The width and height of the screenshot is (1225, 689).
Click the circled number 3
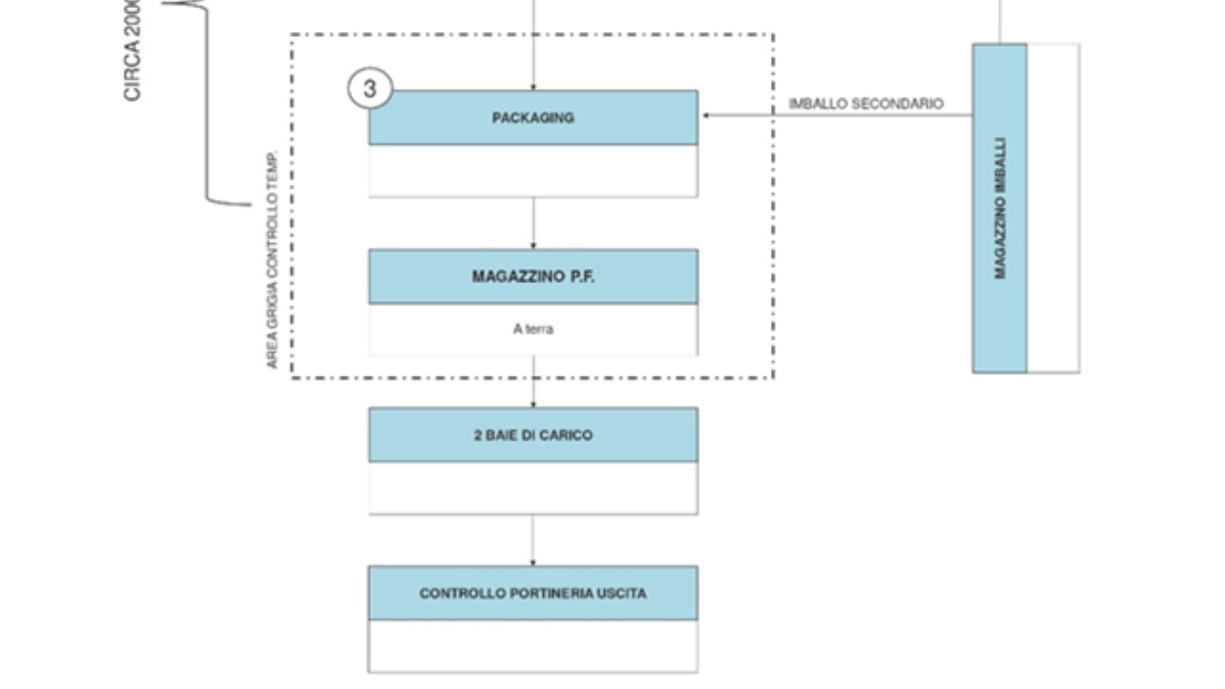point(370,88)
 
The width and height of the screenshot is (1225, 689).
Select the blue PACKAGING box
point(533,117)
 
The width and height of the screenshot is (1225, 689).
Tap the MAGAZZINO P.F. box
point(533,276)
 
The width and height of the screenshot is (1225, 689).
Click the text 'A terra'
point(533,329)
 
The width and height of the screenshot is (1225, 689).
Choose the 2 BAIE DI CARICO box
point(533,435)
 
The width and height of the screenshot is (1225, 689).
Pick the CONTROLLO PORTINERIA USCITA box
point(533,593)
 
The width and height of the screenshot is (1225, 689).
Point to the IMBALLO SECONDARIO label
point(866,104)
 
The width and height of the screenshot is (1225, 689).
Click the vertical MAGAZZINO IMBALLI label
point(1000,208)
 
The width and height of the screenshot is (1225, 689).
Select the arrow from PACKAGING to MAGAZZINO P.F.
point(533,223)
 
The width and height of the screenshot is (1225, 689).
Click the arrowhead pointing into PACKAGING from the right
point(706,115)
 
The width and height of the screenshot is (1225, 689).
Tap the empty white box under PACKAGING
point(533,171)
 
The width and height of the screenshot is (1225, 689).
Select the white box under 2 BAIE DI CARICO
point(533,488)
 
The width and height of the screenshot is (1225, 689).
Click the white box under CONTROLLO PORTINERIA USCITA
point(533,646)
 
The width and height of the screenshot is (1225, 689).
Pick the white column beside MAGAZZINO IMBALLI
point(1053,208)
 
